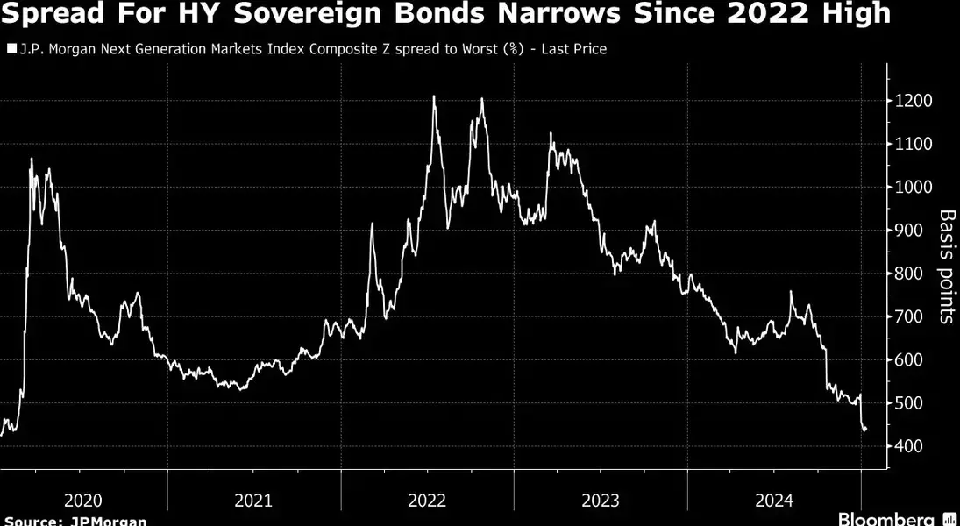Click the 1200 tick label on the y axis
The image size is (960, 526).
pyautogui.click(x=913, y=102)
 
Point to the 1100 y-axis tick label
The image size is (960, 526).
pyautogui.click(x=913, y=145)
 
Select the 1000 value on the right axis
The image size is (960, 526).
pyautogui.click(x=913, y=188)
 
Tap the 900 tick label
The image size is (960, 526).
pyautogui.click(x=908, y=231)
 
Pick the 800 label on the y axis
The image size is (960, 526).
pyautogui.click(x=908, y=274)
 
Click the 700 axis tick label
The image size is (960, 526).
pyautogui.click(x=908, y=317)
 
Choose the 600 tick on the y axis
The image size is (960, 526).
pyautogui.click(x=908, y=360)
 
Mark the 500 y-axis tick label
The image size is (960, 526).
pyautogui.click(x=908, y=403)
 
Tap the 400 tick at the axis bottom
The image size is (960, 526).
pyautogui.click(x=908, y=446)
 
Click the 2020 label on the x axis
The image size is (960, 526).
pyautogui.click(x=83, y=501)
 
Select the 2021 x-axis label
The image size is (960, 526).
pyautogui.click(x=253, y=501)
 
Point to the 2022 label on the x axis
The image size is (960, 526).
pyautogui.click(x=427, y=501)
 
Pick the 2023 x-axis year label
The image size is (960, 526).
pyautogui.click(x=601, y=501)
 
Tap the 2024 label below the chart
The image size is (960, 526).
pyautogui.click(x=774, y=501)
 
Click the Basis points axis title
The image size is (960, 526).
pyautogui.click(x=947, y=267)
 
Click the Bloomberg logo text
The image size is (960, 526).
pyautogui.click(x=888, y=518)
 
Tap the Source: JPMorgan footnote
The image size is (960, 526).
pyautogui.click(x=75, y=521)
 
